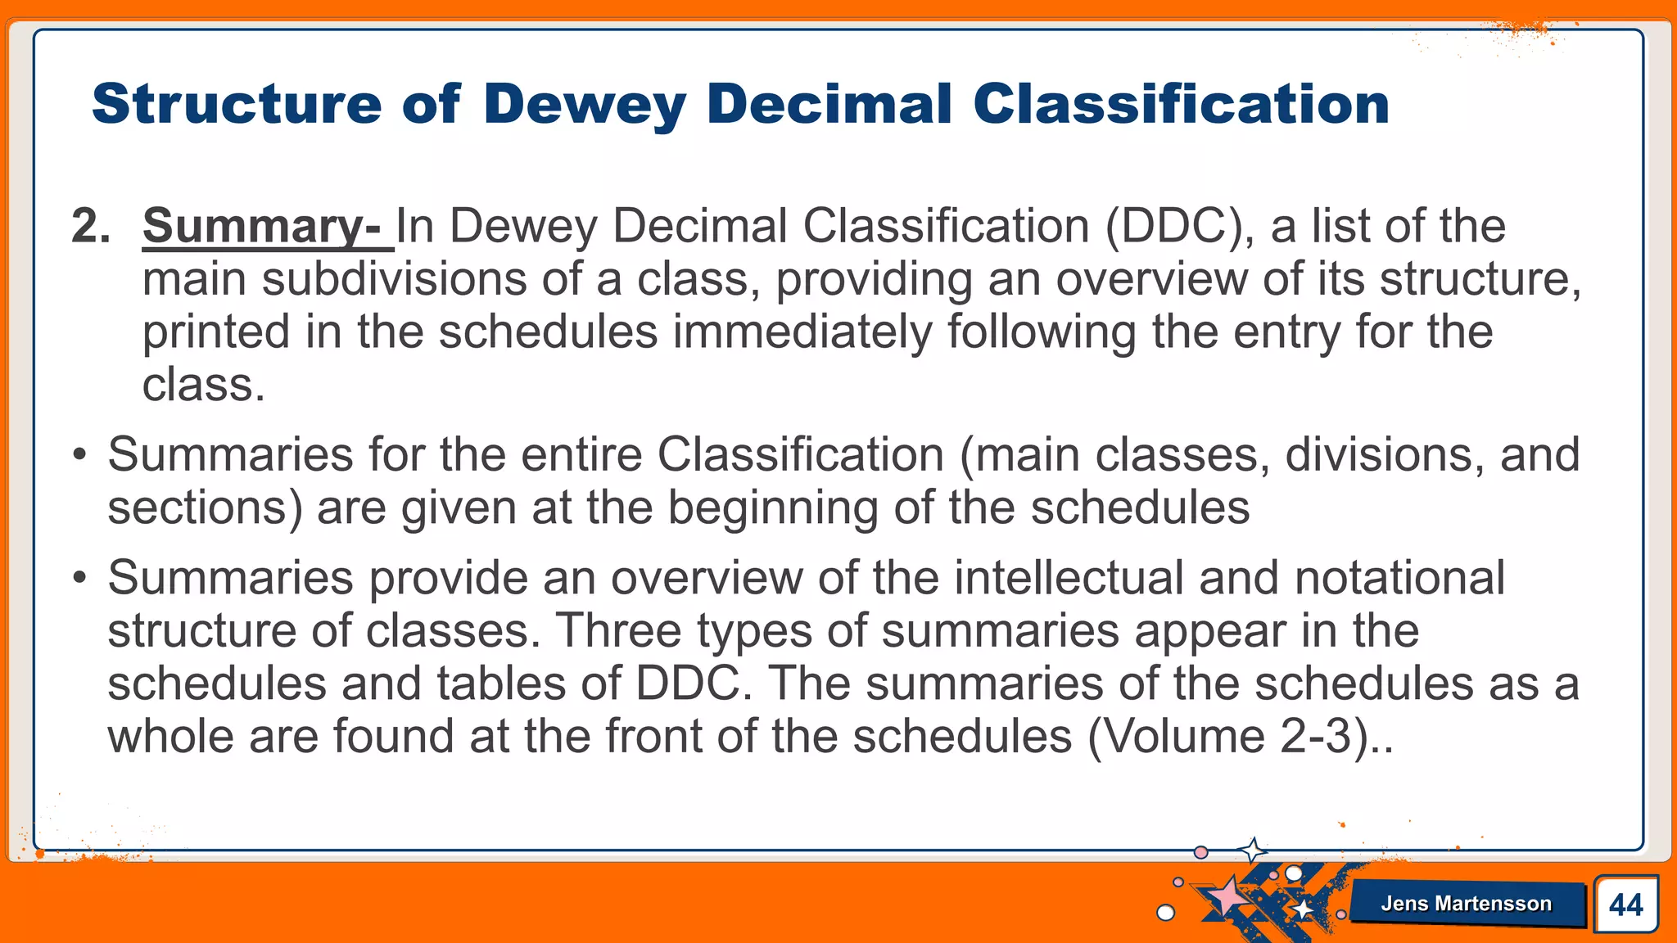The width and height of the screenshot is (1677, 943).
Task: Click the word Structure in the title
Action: click(x=237, y=105)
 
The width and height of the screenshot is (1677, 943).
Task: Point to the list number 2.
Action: click(x=90, y=226)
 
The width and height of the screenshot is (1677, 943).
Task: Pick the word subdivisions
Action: click(x=394, y=279)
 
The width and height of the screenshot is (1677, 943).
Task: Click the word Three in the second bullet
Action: click(x=618, y=631)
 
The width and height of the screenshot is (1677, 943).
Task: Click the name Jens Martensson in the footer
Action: click(x=1466, y=904)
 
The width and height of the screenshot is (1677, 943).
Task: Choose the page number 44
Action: click(x=1625, y=905)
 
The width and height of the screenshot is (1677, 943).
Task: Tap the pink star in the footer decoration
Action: click(x=1226, y=896)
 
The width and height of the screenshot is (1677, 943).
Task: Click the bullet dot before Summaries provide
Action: click(x=79, y=578)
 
